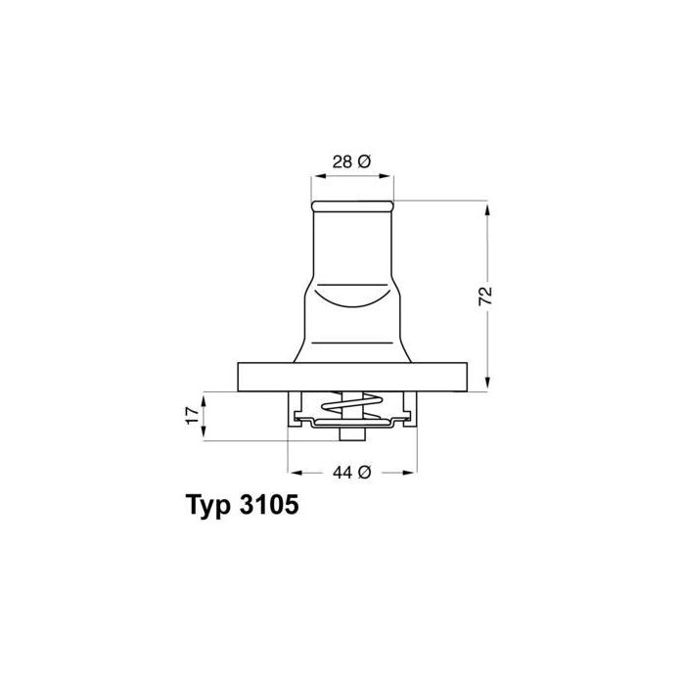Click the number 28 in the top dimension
pos(342,161)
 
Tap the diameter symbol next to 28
pos(364,161)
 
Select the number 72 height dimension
pos(485,296)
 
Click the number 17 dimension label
pos(192,416)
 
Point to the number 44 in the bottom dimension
pos(342,472)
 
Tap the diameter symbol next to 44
pos(364,472)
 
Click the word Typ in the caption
pos(208,506)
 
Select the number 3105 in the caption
pos(269,505)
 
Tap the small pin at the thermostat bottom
pos(352,434)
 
